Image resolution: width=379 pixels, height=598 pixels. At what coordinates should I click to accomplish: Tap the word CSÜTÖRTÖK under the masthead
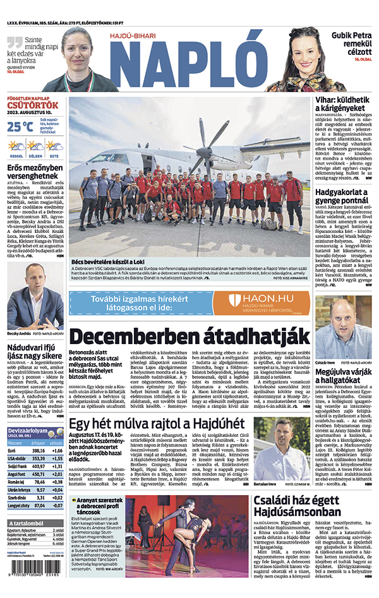point(33,105)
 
